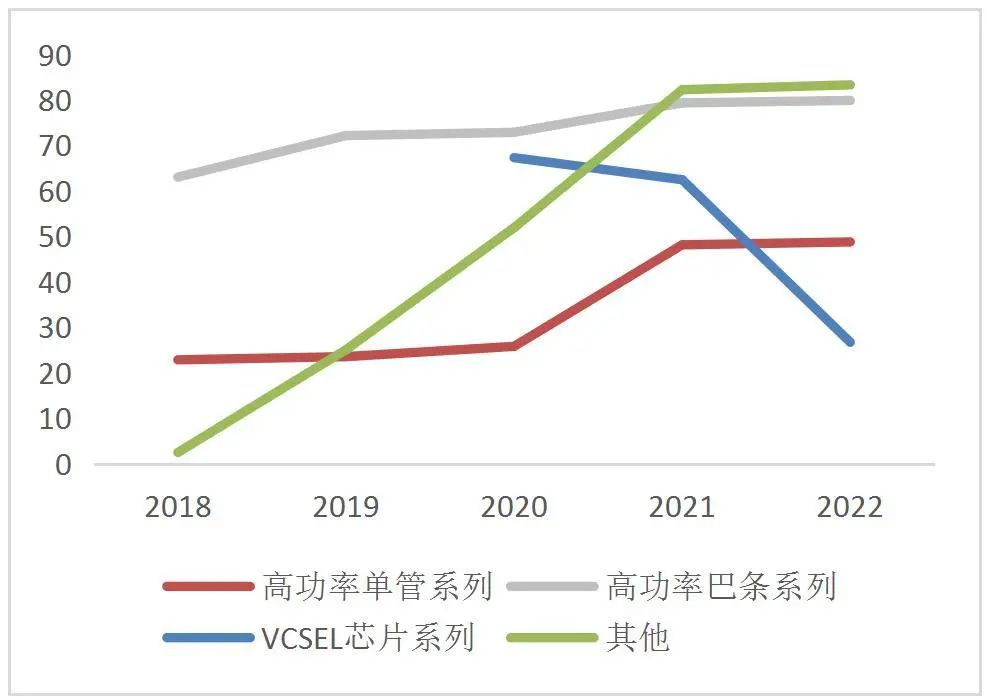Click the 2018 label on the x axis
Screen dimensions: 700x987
click(x=178, y=507)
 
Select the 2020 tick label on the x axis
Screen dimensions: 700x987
click(x=514, y=507)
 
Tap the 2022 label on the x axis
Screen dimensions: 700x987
click(x=850, y=507)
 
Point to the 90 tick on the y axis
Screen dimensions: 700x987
click(x=55, y=56)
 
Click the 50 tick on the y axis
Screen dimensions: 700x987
click(x=55, y=238)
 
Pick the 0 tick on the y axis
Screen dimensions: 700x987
click(x=64, y=465)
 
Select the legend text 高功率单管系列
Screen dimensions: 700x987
click(x=378, y=586)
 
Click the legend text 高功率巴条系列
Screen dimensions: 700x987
click(x=721, y=586)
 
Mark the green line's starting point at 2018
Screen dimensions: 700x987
click(x=178, y=453)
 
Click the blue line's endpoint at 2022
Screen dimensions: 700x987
click(x=850, y=342)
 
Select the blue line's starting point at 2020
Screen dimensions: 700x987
click(x=514, y=157)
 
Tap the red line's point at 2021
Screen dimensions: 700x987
click(x=682, y=244)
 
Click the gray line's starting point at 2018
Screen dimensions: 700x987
click(x=178, y=177)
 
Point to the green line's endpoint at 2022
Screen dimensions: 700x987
click(x=850, y=85)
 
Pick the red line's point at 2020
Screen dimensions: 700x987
click(x=514, y=346)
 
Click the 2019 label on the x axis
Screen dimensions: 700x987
click(x=346, y=507)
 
